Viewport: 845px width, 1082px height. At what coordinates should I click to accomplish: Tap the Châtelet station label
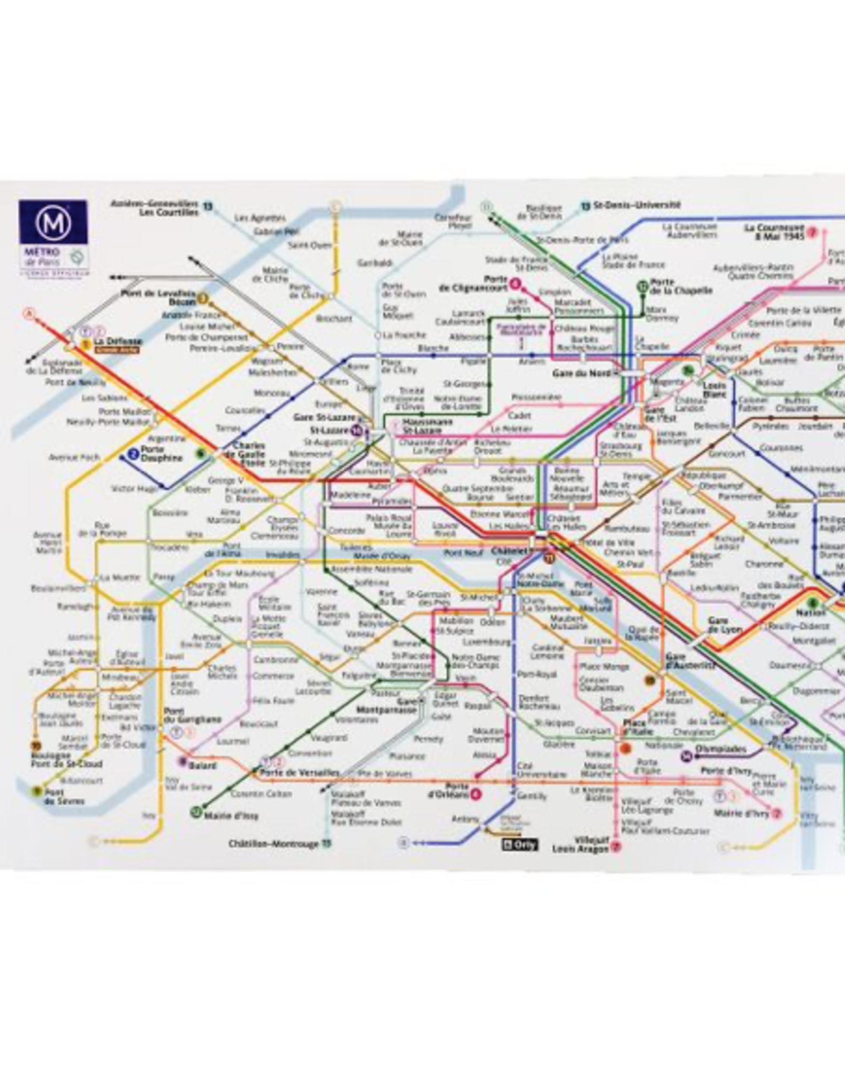(x=509, y=551)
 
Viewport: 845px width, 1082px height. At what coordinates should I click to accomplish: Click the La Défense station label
(x=118, y=341)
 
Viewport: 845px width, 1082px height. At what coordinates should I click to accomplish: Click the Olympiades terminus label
(x=720, y=749)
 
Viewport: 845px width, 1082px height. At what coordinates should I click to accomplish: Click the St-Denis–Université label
(x=636, y=205)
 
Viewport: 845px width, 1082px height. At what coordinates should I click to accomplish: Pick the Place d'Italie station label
(x=637, y=727)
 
